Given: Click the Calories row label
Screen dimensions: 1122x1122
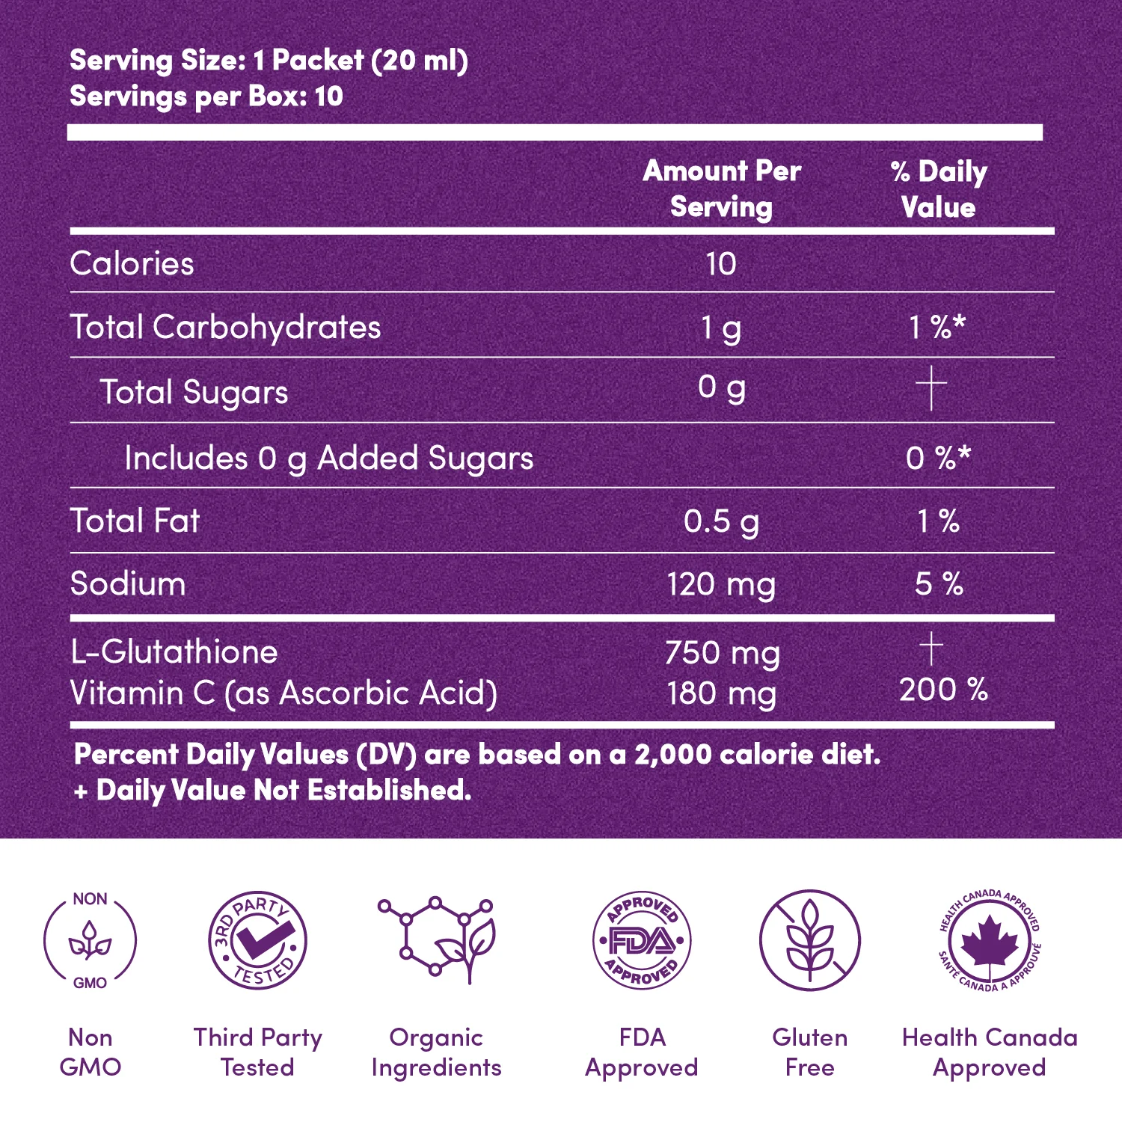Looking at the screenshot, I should coord(132,264).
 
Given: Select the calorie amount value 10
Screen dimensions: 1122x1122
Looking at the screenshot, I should coord(721,264).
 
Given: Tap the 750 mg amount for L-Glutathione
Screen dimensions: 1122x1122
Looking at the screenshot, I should coord(722,653).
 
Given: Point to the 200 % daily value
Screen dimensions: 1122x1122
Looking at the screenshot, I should coord(943,690).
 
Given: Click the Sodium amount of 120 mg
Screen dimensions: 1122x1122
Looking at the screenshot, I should coord(721,584).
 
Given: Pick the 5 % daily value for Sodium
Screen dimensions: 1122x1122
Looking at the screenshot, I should coord(939,583).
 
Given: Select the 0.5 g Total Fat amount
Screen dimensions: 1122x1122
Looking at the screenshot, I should coord(721,521).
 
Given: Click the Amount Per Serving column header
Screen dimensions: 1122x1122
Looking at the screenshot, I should coord(722,188).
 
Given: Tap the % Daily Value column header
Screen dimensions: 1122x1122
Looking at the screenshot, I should coord(939,188).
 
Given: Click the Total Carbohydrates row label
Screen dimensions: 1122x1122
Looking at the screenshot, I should coord(225,328).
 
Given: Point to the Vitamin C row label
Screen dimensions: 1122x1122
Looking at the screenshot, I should coord(283,693).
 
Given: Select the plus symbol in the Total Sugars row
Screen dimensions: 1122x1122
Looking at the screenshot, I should coord(931,388).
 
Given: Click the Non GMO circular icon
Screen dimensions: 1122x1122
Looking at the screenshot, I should coord(90,940).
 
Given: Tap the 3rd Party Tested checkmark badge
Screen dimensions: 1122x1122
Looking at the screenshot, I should coord(257,940).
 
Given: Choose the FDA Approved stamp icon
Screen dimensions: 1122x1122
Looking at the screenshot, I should coord(642,940).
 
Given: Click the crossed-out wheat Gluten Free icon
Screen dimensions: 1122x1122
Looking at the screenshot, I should coord(810,940).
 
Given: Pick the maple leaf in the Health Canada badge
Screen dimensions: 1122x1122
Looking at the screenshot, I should coord(989,940).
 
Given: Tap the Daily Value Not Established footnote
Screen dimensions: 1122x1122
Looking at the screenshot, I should coord(273,791).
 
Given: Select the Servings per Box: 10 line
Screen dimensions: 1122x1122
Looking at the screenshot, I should coord(206,96).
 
